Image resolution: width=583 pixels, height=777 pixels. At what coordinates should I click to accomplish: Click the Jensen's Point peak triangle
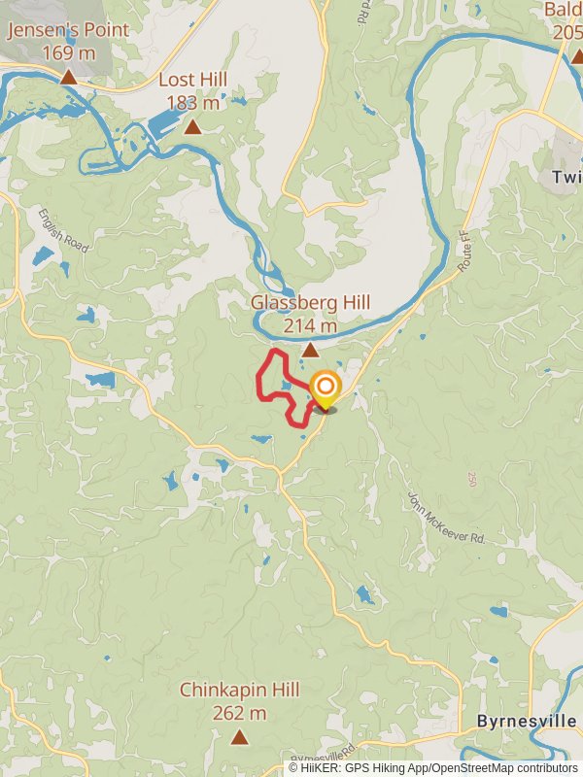(x=68, y=77)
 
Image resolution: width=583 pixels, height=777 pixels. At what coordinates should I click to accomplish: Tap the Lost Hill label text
(x=192, y=80)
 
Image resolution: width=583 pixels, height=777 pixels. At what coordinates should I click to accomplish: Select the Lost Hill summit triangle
(x=192, y=127)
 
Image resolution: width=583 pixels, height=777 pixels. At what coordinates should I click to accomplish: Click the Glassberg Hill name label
(x=310, y=302)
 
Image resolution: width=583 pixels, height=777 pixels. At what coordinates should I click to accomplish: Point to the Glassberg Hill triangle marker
(x=310, y=350)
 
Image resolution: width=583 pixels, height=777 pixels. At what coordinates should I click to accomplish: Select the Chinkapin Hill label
(x=239, y=690)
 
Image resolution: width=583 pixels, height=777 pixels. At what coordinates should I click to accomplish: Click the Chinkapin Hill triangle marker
(x=239, y=738)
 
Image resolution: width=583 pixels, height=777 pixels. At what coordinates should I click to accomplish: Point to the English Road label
(x=64, y=230)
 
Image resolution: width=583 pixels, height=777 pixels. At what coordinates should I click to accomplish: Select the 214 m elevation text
(x=310, y=326)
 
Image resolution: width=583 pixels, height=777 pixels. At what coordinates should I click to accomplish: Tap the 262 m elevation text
(x=239, y=714)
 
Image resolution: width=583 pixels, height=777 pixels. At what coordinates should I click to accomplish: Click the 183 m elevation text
(x=192, y=103)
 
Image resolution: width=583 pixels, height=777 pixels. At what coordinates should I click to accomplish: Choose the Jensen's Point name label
(x=68, y=30)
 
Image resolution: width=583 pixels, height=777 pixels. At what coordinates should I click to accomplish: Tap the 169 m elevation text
(x=68, y=52)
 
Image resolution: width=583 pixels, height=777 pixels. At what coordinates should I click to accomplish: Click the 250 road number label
(x=472, y=480)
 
